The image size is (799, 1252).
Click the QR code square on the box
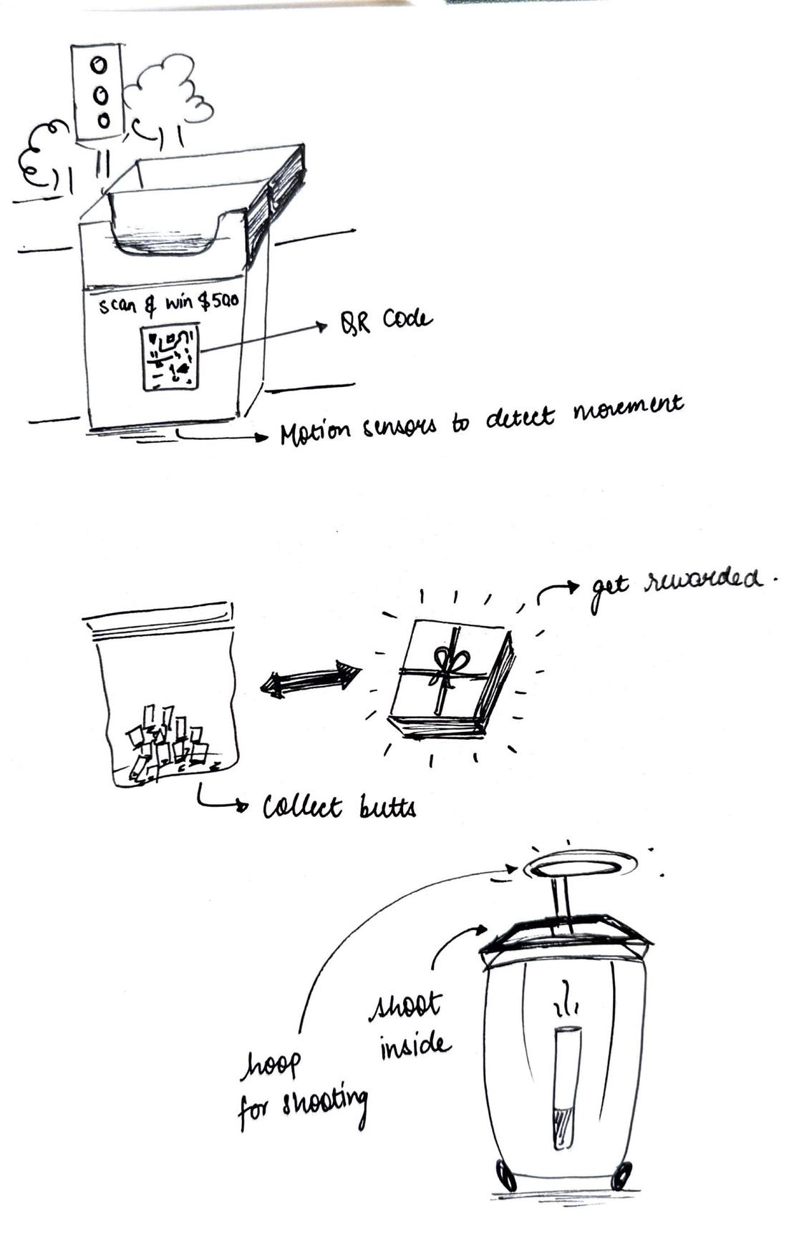[171, 358]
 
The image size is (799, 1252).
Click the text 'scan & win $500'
[168, 305]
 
